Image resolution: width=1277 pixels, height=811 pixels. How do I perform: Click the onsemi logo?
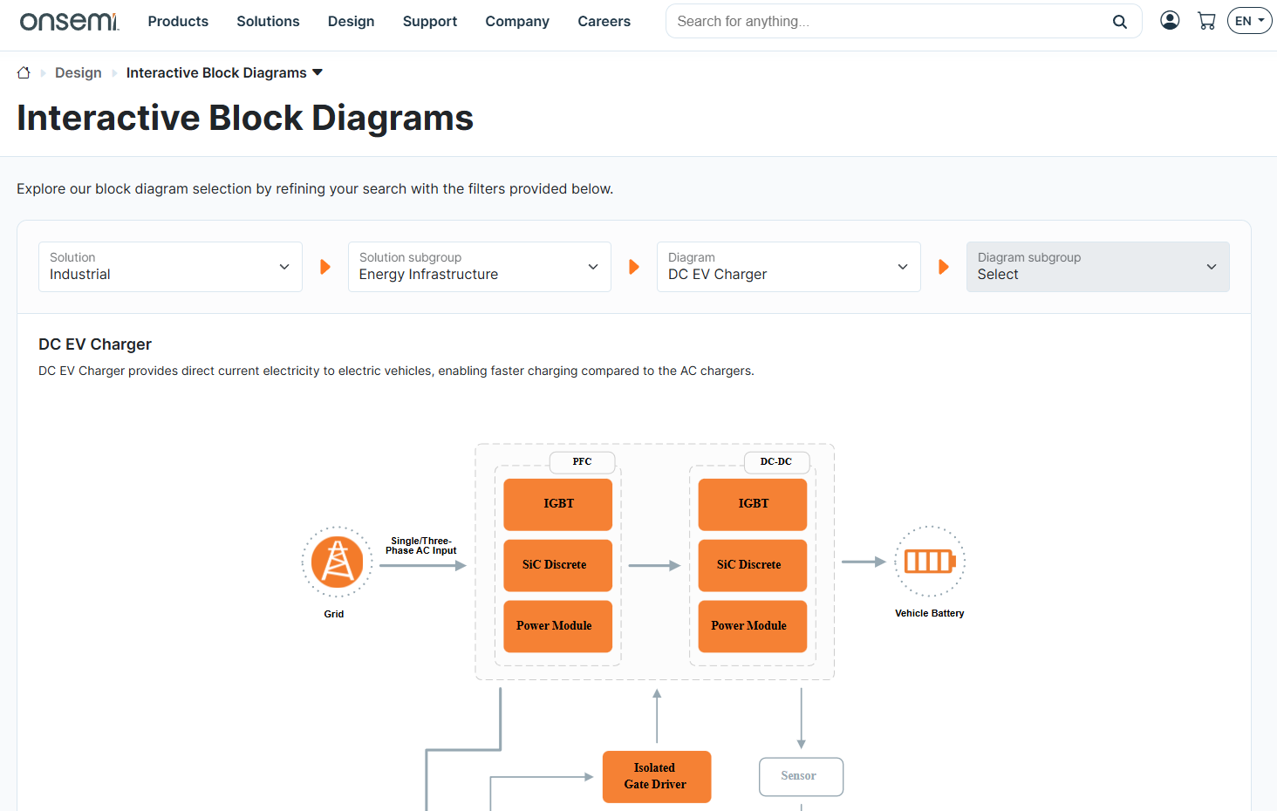[69, 21]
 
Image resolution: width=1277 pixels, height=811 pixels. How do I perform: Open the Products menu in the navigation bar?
[178, 21]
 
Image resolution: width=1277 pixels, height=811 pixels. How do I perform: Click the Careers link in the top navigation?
[604, 21]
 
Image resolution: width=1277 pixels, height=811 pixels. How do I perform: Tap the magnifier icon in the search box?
[1119, 22]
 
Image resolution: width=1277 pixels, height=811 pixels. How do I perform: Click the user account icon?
[1170, 20]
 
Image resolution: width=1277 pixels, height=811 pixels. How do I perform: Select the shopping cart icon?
[1206, 21]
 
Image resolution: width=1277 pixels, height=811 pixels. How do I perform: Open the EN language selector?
[1249, 21]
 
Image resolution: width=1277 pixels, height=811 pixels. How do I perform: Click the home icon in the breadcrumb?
[24, 73]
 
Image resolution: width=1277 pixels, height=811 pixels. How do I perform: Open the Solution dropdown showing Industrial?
[170, 267]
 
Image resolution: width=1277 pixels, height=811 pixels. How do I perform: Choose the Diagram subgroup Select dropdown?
[1097, 267]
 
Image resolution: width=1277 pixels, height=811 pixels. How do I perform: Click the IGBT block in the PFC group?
[558, 504]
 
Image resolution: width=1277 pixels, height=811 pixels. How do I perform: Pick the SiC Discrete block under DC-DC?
[752, 565]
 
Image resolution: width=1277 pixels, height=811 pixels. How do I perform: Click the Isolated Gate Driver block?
[656, 776]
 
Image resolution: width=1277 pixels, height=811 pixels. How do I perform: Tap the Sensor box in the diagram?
[801, 776]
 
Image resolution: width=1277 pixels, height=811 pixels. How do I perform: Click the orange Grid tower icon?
[337, 562]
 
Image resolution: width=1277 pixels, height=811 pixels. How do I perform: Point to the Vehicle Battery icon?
[930, 562]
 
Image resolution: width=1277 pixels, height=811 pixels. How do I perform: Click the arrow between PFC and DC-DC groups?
[654, 566]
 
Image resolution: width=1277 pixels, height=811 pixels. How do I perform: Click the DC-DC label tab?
[776, 461]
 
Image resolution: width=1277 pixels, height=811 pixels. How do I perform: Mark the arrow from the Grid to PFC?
[423, 566]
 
